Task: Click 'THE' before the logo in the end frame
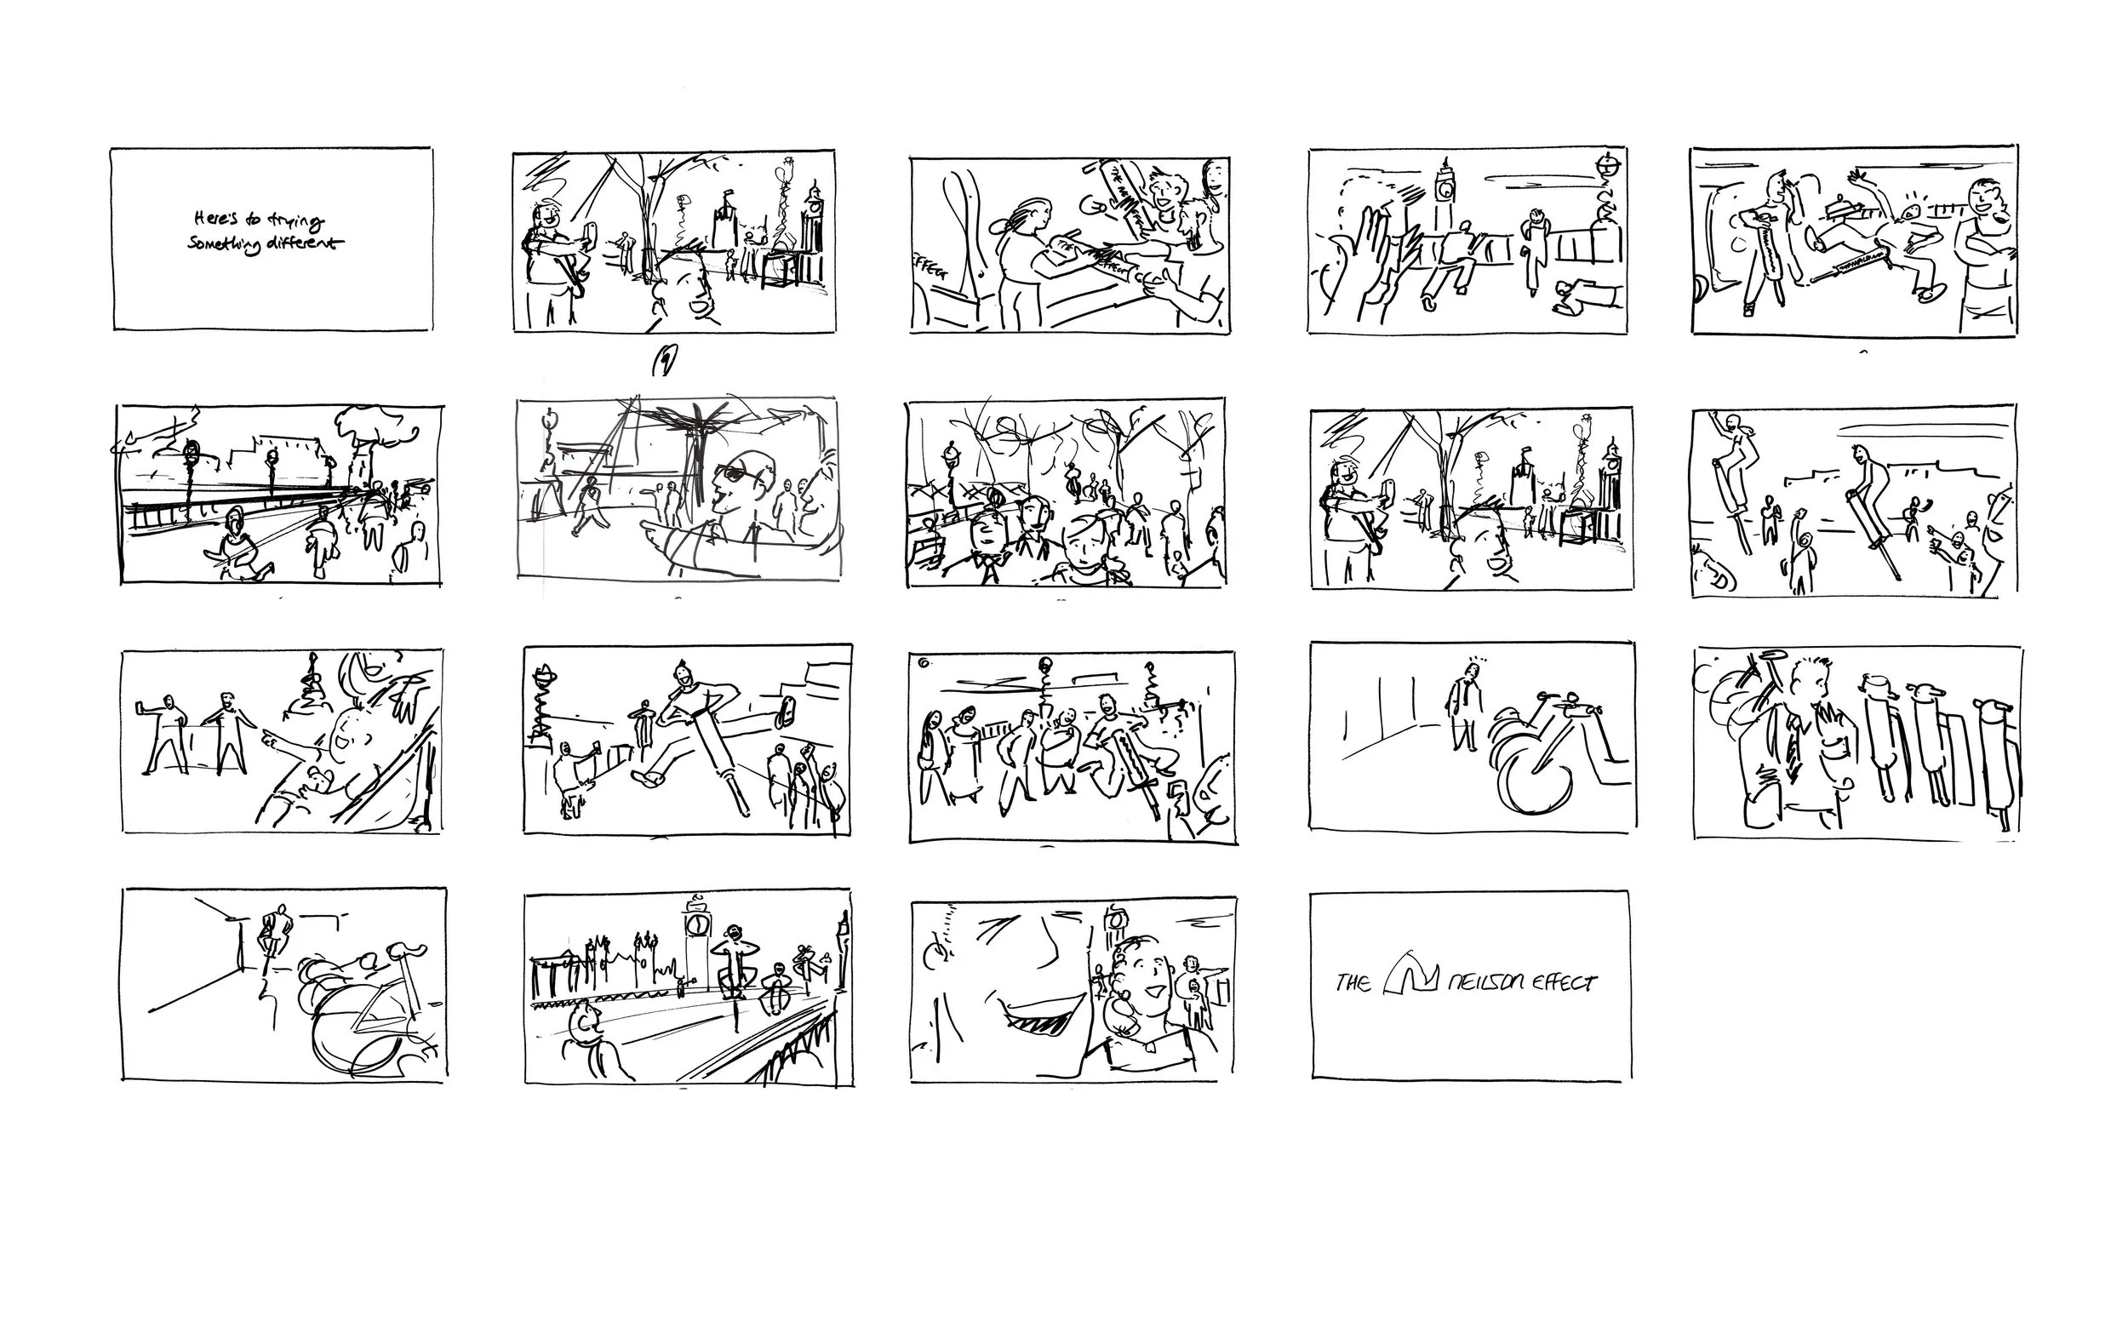1353,982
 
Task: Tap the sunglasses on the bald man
734,475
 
